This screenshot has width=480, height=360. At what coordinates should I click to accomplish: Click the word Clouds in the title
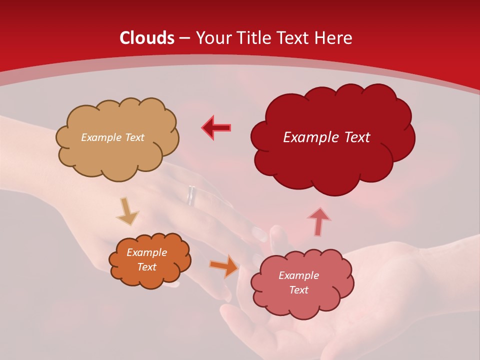[147, 38]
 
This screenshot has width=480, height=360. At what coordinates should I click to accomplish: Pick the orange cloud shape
[150, 277]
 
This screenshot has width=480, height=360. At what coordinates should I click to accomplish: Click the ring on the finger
[191, 195]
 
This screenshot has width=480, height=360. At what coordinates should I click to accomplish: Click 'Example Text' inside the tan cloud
[112, 137]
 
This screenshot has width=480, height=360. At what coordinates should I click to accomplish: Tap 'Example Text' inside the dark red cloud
[326, 137]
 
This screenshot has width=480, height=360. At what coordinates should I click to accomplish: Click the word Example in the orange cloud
[146, 252]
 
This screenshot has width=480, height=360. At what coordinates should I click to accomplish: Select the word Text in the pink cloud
[298, 290]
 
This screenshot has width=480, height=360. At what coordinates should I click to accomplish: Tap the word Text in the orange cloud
[146, 267]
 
